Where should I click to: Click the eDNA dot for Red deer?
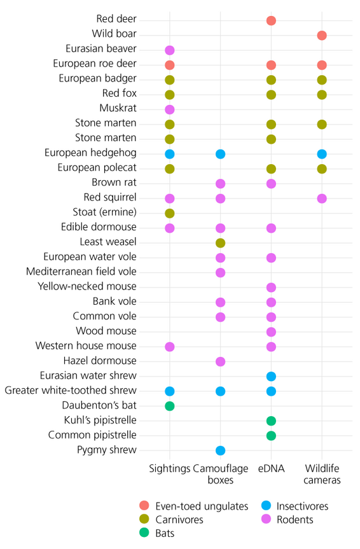coord(271,20)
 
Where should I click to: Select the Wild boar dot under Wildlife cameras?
coord(322,35)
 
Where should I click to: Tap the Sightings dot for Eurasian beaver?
coord(170,50)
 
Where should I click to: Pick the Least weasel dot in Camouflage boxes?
coord(220,242)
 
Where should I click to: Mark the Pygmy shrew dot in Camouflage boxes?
coord(220,450)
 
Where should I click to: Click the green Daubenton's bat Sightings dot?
coord(170,406)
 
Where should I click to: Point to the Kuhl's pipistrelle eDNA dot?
coord(271,420)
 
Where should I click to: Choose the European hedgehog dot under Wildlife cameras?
coord(322,154)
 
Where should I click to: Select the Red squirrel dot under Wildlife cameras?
coord(322,198)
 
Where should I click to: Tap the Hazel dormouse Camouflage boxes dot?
coord(220,361)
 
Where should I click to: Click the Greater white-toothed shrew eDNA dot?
coord(271,391)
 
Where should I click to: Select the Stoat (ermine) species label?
coord(105,212)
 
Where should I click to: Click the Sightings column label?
coord(170,468)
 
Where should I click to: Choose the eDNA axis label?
coord(271,468)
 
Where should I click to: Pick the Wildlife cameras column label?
coord(322,474)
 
